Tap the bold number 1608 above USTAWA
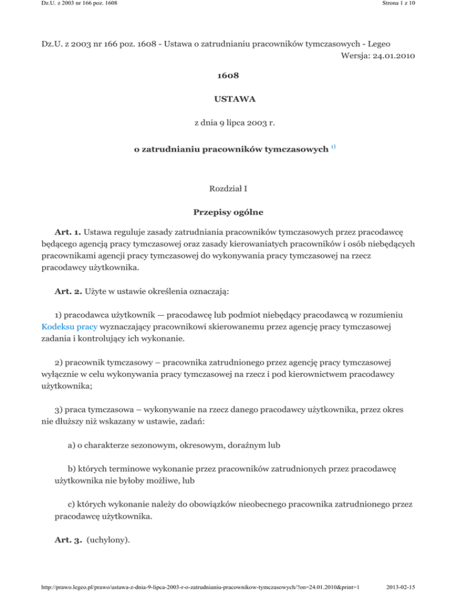pos(228,78)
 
